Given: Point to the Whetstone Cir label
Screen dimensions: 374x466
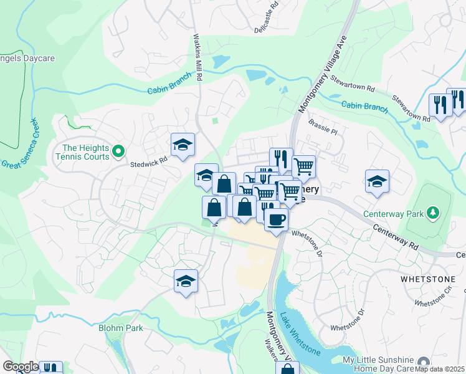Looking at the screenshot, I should point(432,304).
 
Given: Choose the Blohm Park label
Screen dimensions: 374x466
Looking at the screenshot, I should point(121,328).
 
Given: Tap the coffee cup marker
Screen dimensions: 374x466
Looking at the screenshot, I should point(276,219).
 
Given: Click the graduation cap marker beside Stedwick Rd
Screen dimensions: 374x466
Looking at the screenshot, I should point(183,145).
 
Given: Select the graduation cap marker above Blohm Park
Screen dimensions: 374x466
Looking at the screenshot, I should point(186,282).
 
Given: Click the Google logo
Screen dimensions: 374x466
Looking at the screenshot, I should point(20,367).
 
